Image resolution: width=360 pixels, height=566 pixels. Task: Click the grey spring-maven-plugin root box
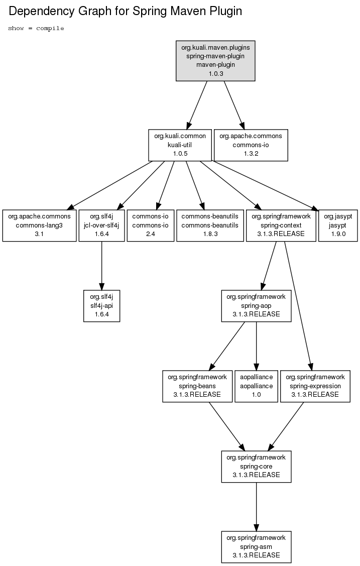(x=215, y=61)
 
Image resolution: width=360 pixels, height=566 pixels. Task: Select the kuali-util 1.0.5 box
(x=180, y=145)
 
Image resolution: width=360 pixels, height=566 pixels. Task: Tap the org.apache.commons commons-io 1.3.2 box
(x=251, y=145)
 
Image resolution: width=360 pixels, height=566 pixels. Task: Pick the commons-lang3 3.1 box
(x=39, y=225)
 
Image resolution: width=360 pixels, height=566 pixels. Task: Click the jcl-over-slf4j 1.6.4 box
(x=102, y=225)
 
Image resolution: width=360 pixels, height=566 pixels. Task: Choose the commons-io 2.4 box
(x=151, y=225)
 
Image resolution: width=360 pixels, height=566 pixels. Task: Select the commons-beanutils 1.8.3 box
(x=210, y=225)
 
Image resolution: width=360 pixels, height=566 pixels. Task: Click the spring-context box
(x=281, y=225)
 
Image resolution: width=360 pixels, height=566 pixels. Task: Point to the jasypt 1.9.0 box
(x=338, y=225)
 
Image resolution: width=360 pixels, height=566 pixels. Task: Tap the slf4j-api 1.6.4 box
(x=102, y=306)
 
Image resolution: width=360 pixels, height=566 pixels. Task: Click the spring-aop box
(x=256, y=306)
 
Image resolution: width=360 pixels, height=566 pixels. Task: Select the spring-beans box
(x=197, y=386)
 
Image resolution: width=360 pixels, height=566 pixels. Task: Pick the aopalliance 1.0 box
(x=257, y=386)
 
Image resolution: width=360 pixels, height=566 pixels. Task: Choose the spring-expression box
(x=315, y=386)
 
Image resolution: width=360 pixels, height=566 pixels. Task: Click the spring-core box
(x=256, y=467)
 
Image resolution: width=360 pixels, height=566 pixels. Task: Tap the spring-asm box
(x=256, y=547)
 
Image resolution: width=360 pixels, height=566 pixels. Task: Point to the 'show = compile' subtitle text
(x=36, y=28)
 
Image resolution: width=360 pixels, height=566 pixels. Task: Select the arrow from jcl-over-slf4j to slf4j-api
(x=102, y=266)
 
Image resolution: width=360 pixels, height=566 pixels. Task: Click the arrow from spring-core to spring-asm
(x=256, y=507)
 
